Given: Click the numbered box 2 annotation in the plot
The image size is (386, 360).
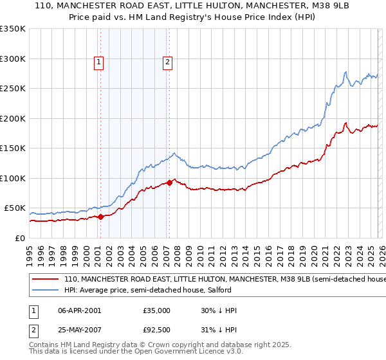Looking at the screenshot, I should tap(167, 62).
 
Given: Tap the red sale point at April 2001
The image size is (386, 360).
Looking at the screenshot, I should tap(101, 217).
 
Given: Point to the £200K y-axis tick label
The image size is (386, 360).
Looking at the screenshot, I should tap(12, 118).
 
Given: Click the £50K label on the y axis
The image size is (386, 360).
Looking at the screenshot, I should tap(15, 208).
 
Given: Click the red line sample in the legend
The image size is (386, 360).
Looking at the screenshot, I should tap(45, 280).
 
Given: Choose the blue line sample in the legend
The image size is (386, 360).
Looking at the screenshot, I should tap(45, 290).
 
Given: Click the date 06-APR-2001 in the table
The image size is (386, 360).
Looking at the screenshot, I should tap(79, 310).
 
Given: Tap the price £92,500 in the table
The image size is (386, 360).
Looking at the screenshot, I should tap(157, 330).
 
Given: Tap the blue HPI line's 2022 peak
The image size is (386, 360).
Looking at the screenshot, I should tap(346, 71).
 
